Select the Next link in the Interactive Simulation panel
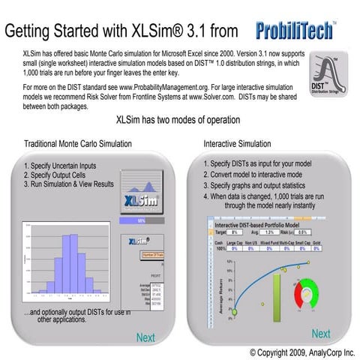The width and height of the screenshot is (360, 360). [x=321, y=334]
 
